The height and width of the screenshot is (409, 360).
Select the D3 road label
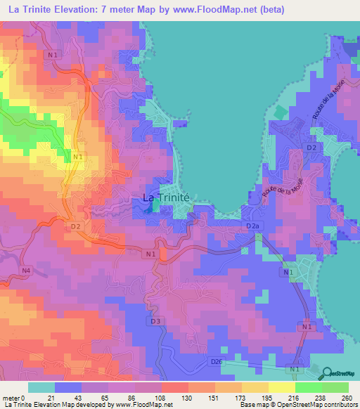pos(157,321)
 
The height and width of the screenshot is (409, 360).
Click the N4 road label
pos(26,270)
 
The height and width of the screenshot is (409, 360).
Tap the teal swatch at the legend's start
pos(41,387)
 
